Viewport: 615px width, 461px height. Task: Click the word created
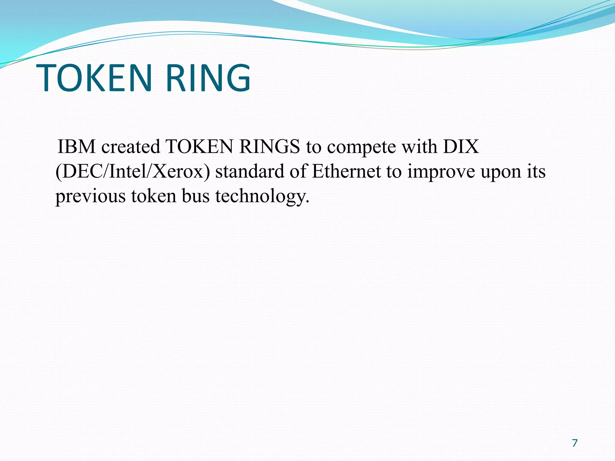(x=131, y=147)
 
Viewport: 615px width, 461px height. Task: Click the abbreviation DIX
(x=461, y=147)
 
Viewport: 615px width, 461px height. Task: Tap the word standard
(x=250, y=172)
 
